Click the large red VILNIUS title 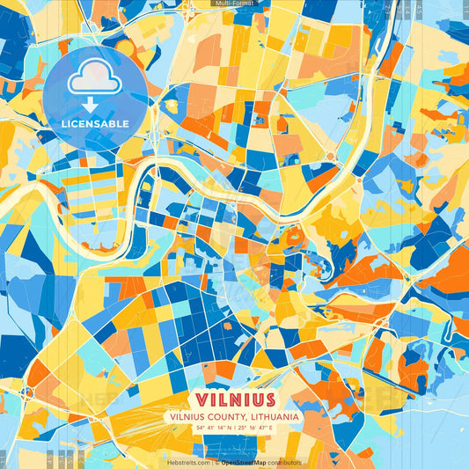tap(234, 399)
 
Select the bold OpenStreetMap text tap(243, 462)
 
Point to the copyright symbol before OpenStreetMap tap(216, 462)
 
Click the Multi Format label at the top tap(234, 4)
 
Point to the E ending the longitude tap(272, 428)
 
